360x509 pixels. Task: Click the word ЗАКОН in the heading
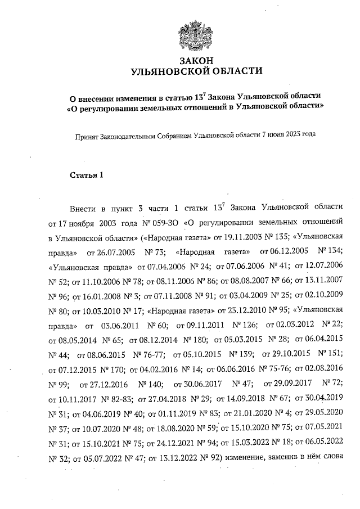pos(196,60)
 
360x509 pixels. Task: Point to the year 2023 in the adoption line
pos(290,135)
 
